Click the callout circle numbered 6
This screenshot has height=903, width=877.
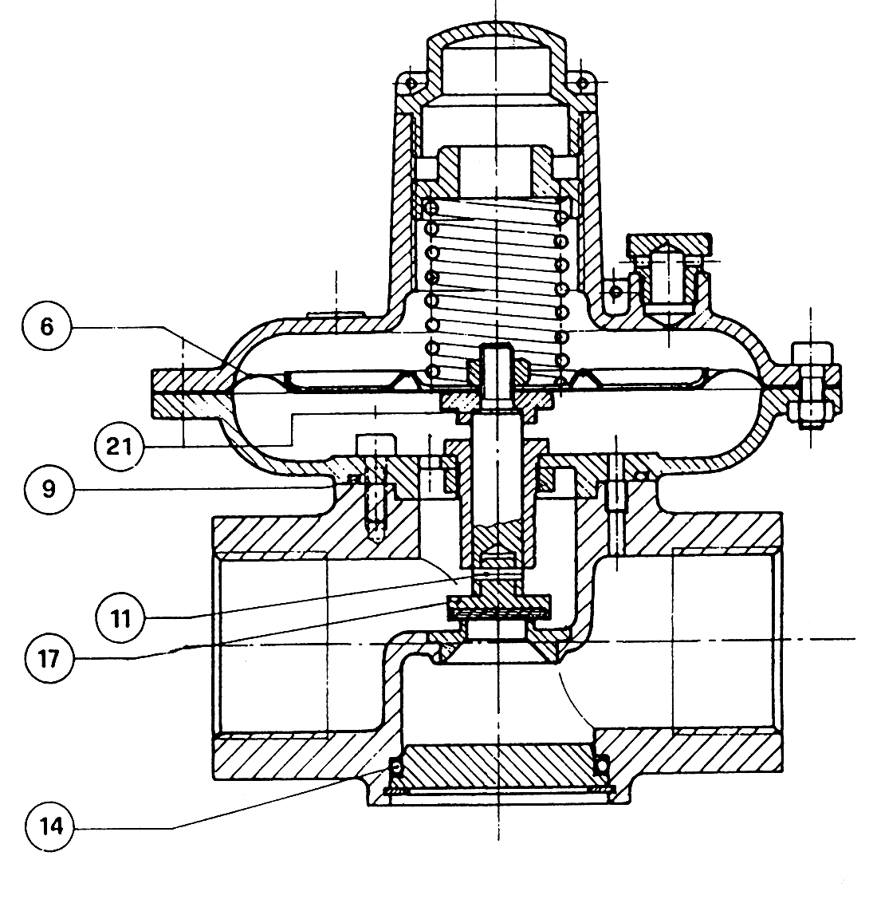pyautogui.click(x=47, y=328)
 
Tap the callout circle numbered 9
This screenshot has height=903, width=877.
pyautogui.click(x=49, y=487)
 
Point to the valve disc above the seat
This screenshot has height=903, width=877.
pyautogui.click(x=499, y=609)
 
